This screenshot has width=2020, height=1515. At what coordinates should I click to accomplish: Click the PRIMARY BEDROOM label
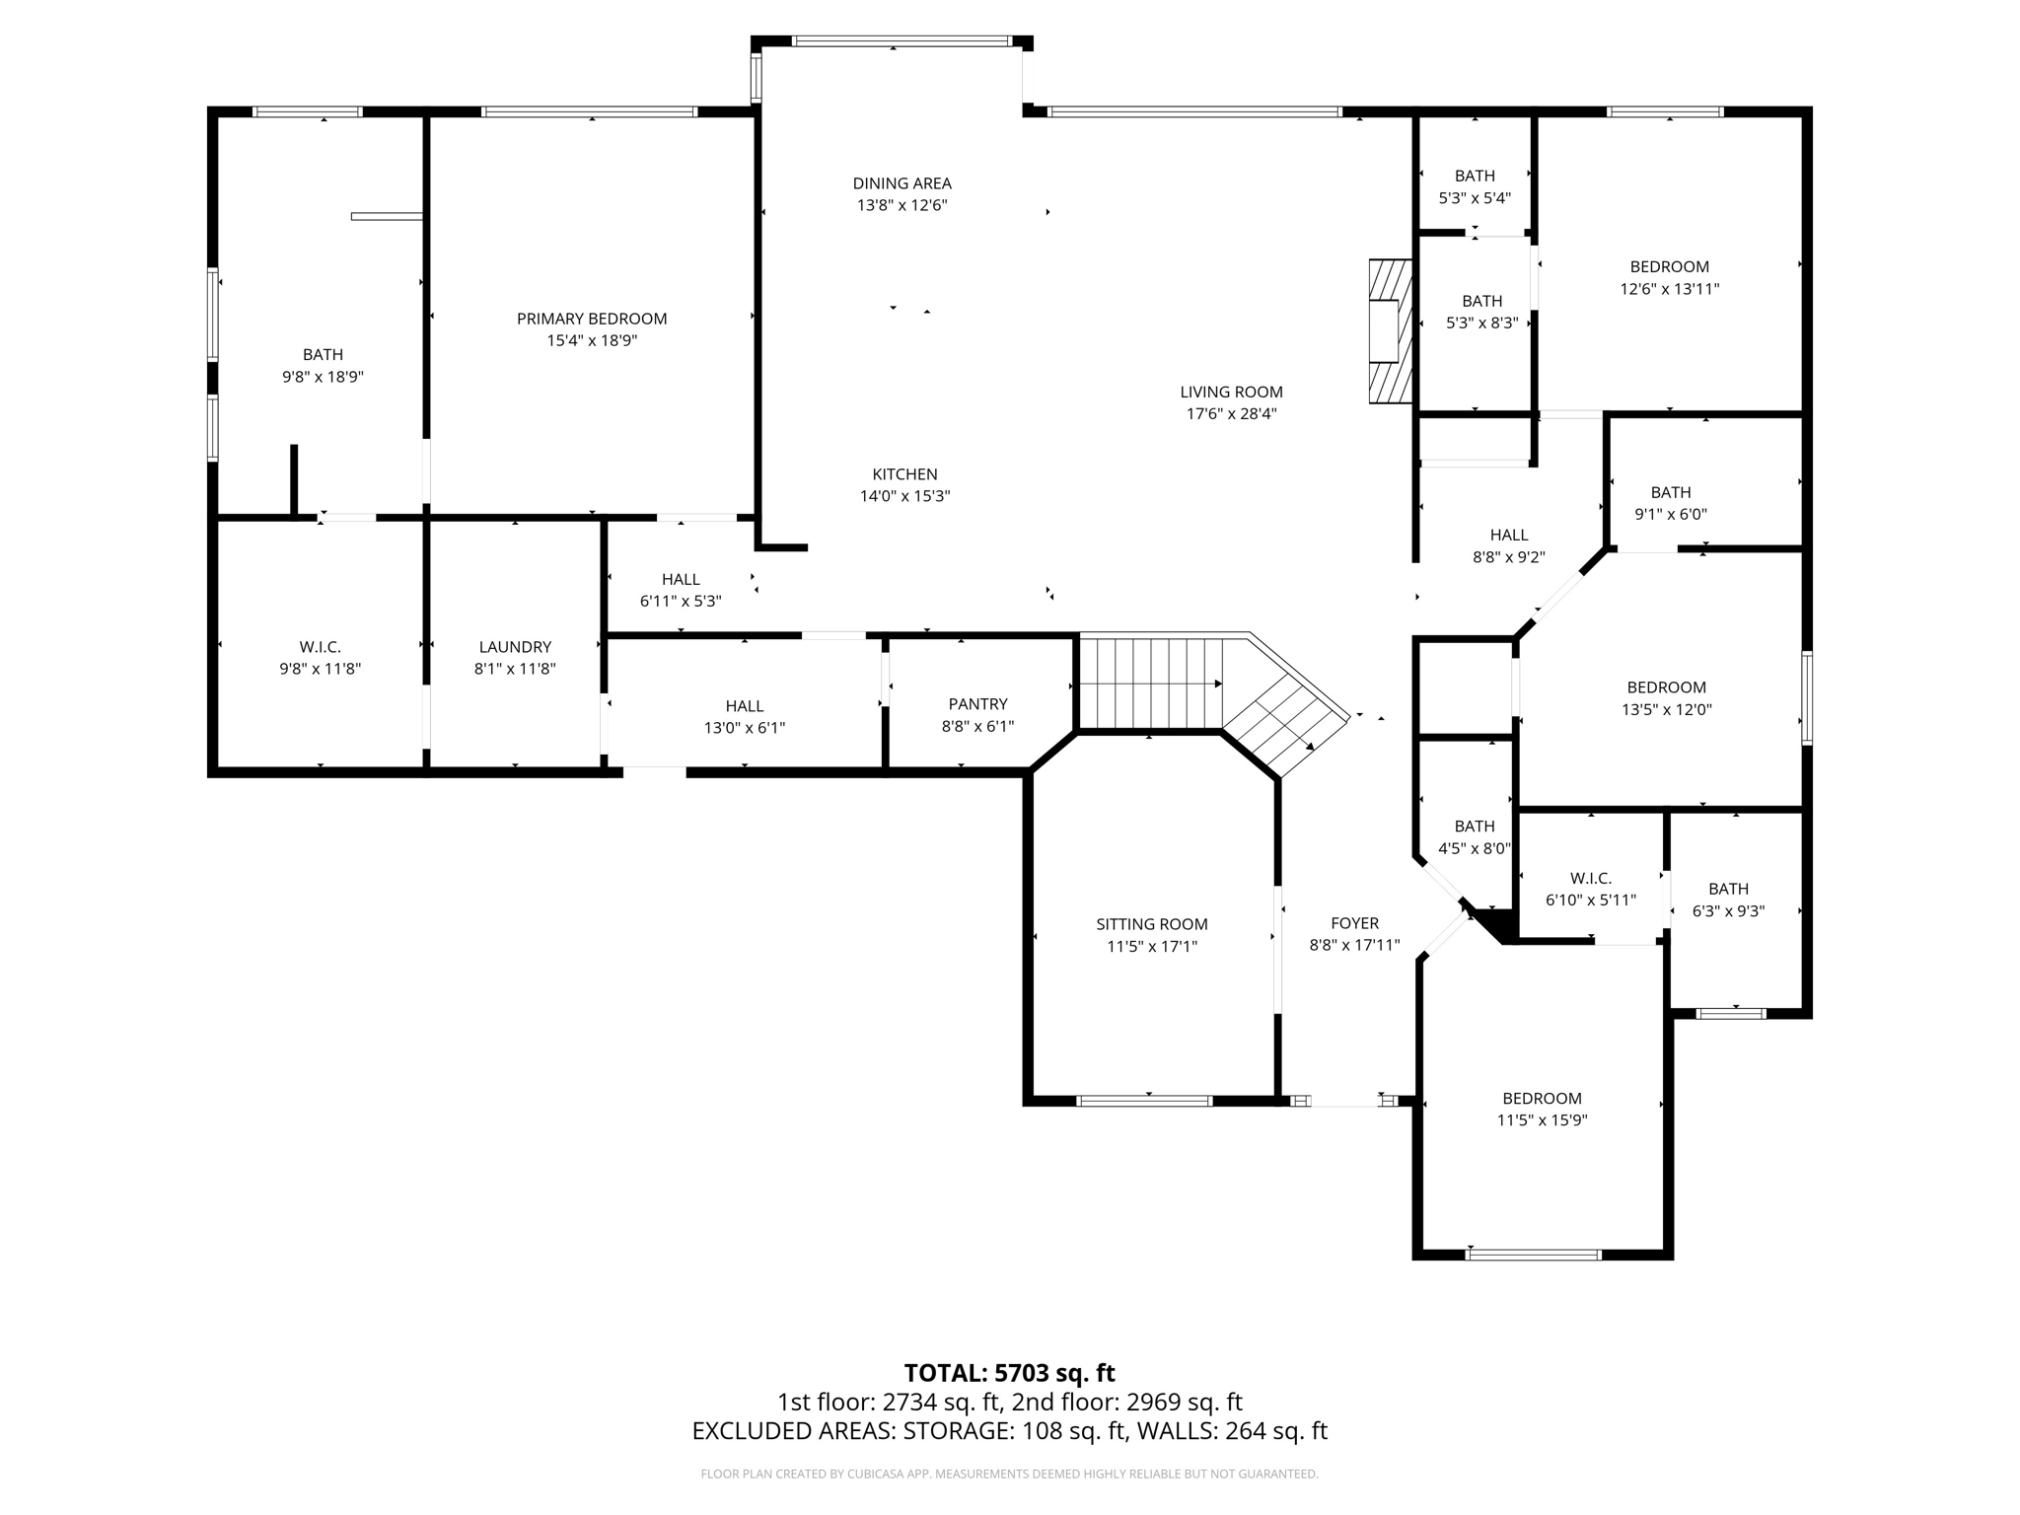point(592,319)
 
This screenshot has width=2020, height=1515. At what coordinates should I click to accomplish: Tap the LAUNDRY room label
point(515,647)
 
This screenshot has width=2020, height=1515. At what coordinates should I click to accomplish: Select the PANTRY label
point(977,703)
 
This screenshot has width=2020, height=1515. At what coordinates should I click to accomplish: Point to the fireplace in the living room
point(1390,330)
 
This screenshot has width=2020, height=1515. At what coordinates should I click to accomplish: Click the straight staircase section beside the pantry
point(1150,683)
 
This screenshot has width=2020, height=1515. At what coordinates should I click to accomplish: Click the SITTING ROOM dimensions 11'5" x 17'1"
point(1151,947)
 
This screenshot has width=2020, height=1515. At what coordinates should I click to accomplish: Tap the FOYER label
point(1354,923)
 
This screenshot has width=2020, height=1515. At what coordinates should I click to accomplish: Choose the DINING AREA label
point(902,183)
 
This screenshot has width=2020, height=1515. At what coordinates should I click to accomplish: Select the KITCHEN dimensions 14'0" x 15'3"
point(904,496)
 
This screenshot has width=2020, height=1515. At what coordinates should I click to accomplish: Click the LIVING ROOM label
point(1231,392)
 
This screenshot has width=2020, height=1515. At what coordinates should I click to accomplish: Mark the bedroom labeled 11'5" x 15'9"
point(1542,1109)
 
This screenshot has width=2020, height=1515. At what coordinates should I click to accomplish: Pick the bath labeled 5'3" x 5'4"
point(1475,186)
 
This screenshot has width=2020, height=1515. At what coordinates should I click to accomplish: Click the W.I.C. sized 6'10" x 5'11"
point(1590,889)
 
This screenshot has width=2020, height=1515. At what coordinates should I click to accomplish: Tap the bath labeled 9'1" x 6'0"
point(1670,503)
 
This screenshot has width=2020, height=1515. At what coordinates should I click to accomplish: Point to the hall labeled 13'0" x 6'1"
point(744,716)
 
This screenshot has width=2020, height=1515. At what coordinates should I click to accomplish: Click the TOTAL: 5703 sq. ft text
point(1009,1373)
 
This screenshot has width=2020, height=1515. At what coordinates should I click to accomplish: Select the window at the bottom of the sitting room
point(1143,1101)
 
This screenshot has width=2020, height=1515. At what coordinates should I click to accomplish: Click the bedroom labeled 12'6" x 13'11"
point(1669,277)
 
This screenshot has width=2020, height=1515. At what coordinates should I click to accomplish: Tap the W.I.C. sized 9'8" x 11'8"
point(320,658)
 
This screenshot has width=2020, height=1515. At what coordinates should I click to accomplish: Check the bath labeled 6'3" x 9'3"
point(1728,900)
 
